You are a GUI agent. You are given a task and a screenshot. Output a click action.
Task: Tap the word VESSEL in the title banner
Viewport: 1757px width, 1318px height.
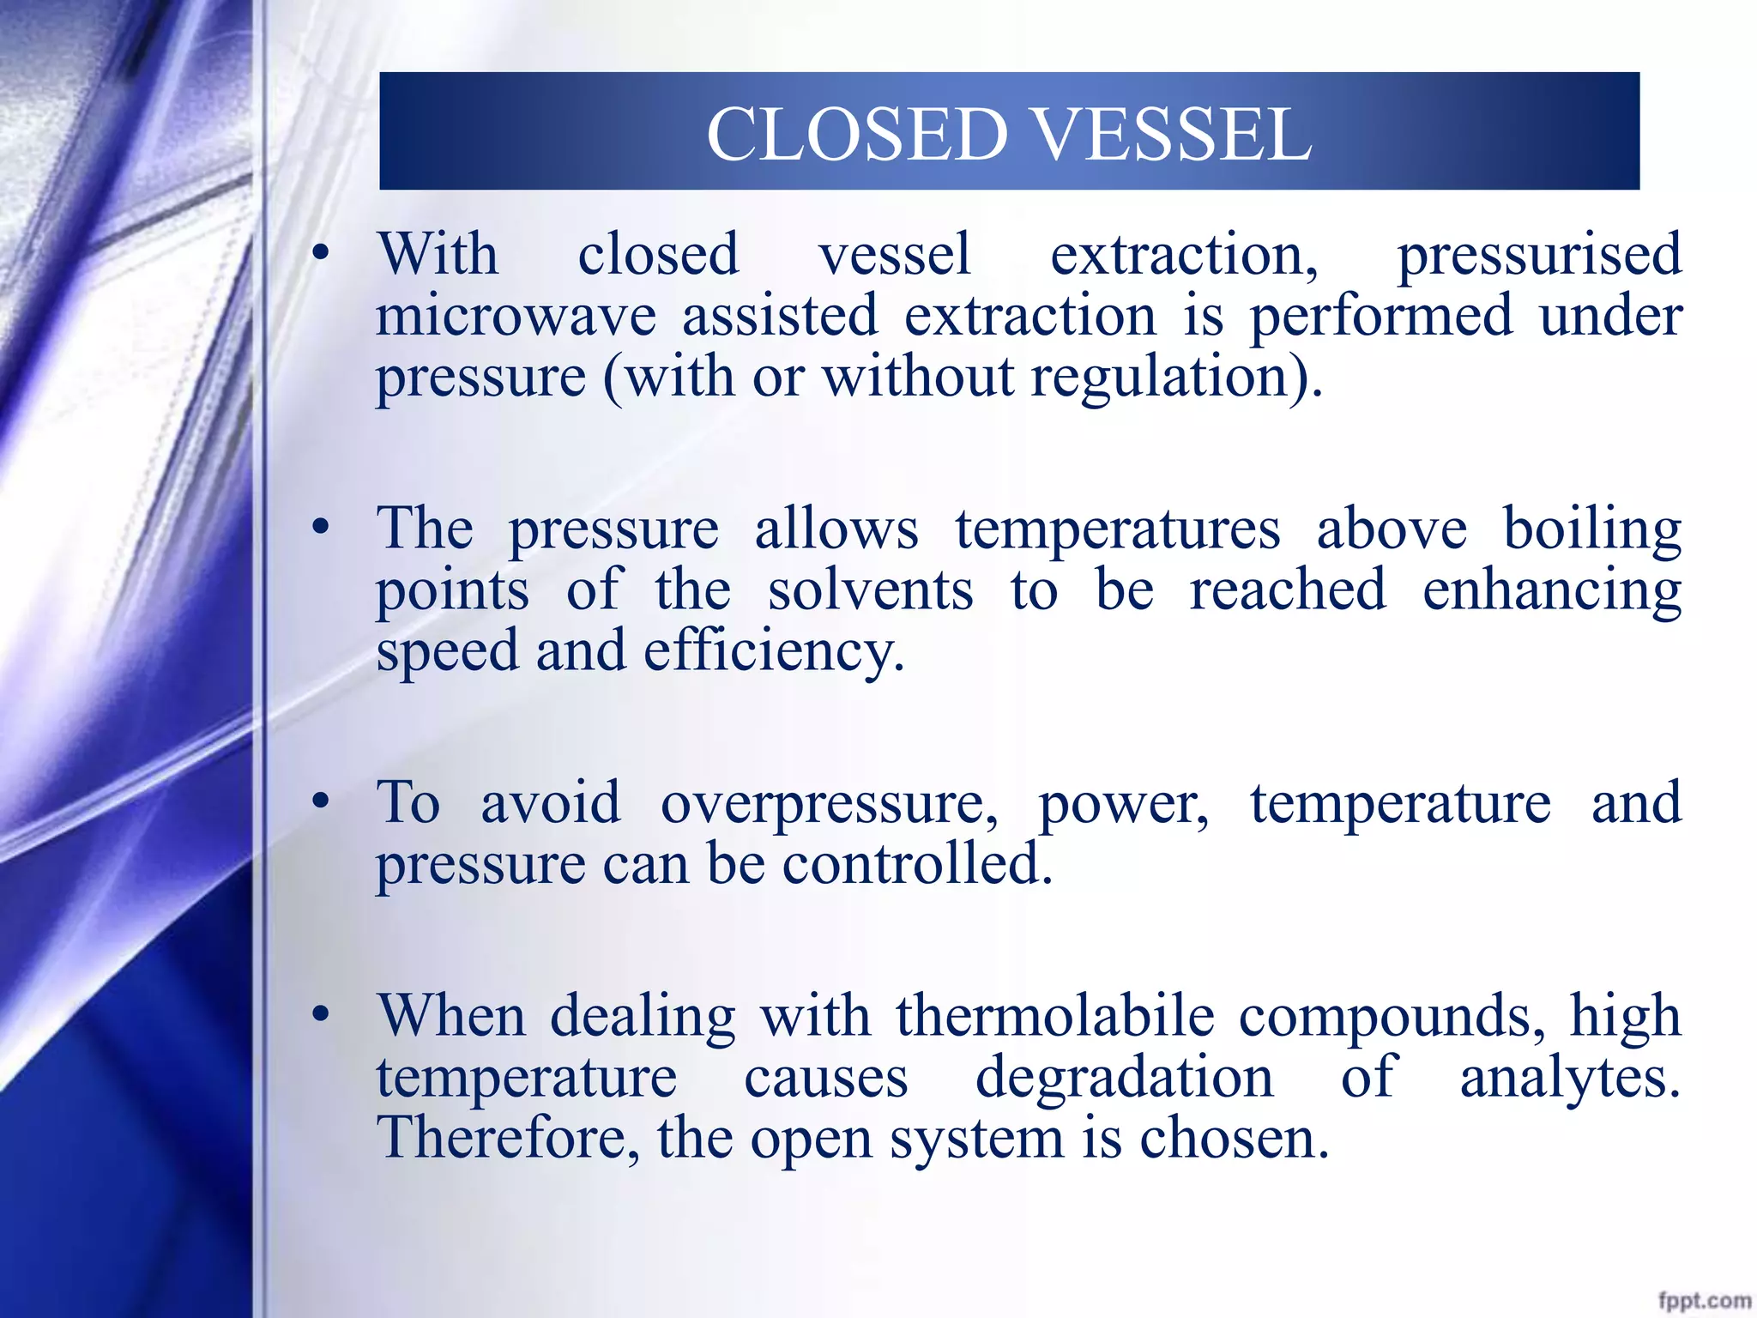click(1171, 134)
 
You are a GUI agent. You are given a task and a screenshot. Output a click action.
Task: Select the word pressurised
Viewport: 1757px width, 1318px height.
click(1539, 256)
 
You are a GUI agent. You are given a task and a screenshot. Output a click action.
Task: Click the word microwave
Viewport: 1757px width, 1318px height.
click(516, 316)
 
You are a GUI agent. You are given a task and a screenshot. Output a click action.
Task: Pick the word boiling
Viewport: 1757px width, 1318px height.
click(1592, 529)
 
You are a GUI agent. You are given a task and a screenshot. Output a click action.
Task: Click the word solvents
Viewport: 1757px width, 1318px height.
click(870, 590)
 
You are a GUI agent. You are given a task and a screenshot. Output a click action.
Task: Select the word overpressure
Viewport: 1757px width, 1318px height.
click(829, 804)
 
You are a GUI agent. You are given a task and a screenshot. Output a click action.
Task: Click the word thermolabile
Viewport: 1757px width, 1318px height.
click(1055, 1016)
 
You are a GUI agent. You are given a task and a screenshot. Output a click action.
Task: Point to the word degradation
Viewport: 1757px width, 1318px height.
click(1124, 1078)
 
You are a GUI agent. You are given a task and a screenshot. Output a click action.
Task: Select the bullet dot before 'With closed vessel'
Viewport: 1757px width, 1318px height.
click(321, 253)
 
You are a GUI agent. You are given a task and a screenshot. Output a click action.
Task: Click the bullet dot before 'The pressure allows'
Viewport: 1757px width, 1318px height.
click(321, 528)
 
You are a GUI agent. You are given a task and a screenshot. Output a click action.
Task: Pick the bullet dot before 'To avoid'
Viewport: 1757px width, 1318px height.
click(321, 801)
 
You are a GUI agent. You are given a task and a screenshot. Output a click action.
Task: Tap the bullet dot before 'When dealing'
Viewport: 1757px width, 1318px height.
click(321, 1015)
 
